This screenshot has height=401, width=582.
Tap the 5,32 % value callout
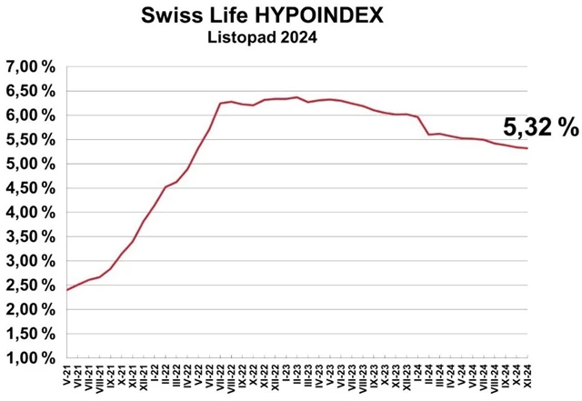click(x=540, y=128)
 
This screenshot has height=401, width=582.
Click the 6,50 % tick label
click(x=30, y=91)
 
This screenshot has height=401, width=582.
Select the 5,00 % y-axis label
click(x=30, y=164)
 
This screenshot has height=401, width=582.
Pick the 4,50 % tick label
click(x=30, y=188)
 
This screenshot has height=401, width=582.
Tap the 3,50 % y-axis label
click(x=30, y=236)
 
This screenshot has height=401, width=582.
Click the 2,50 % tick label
click(x=30, y=285)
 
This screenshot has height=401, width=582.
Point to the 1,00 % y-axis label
click(x=30, y=357)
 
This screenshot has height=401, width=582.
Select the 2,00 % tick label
click(x=30, y=309)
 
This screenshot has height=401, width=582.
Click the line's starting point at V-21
click(x=68, y=289)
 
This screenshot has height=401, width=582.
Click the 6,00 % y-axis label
click(x=30, y=115)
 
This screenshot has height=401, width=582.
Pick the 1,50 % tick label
click(x=30, y=334)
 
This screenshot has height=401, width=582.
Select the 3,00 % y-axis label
click(x=30, y=261)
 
